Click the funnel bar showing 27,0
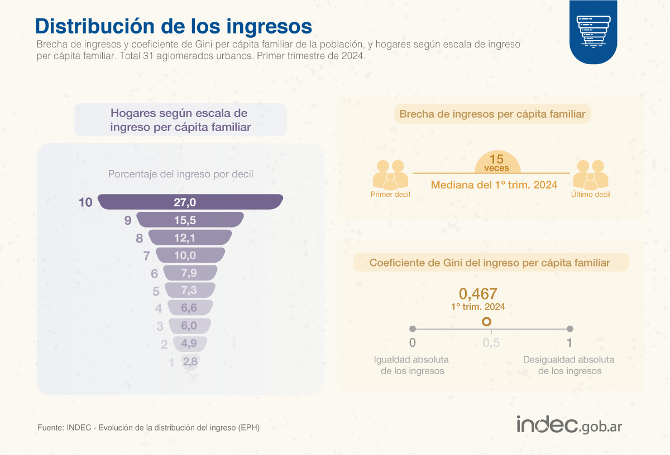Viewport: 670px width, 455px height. [x=190, y=202]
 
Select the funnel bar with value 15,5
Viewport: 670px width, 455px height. [x=190, y=220]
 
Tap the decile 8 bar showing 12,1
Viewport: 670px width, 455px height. [x=190, y=238]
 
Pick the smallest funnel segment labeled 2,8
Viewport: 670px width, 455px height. [x=190, y=362]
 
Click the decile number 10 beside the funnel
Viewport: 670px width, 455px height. [x=85, y=202]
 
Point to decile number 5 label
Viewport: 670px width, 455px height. [x=156, y=291]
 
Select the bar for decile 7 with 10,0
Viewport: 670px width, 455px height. [x=190, y=255]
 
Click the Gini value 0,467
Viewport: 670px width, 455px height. [x=478, y=294]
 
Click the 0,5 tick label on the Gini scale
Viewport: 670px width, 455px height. [x=491, y=343]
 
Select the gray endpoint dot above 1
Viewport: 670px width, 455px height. [x=570, y=329]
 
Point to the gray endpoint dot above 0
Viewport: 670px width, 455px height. [x=413, y=329]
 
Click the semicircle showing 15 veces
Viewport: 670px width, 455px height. [x=497, y=162]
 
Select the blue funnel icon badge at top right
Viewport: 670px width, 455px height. [x=594, y=32]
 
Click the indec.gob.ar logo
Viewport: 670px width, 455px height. [x=569, y=424]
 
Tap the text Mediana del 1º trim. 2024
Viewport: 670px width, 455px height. [x=494, y=185]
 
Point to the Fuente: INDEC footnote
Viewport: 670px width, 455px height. [x=149, y=428]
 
